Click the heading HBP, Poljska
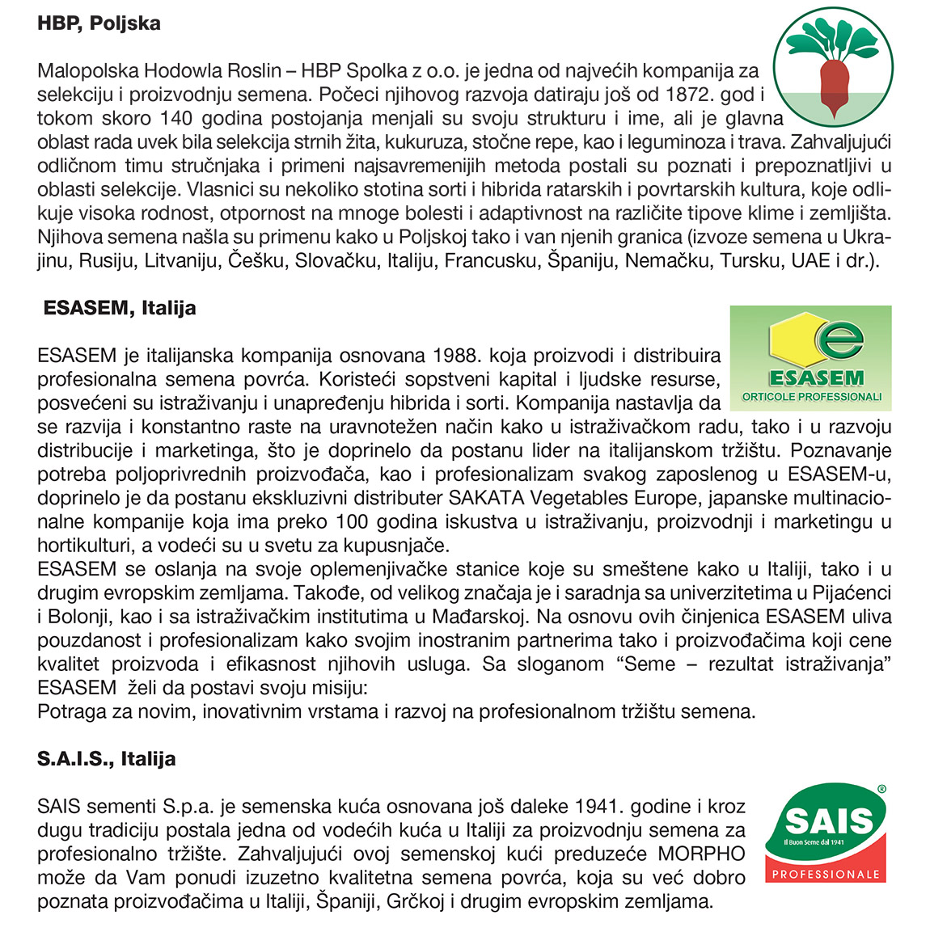[x=99, y=23]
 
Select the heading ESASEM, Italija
[x=120, y=308]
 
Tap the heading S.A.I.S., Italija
[x=106, y=759]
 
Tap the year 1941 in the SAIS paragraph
[x=599, y=806]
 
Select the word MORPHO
[x=701, y=854]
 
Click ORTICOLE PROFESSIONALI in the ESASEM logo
[x=811, y=397]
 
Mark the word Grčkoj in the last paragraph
[x=411, y=901]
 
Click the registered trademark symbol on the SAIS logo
[x=881, y=789]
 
